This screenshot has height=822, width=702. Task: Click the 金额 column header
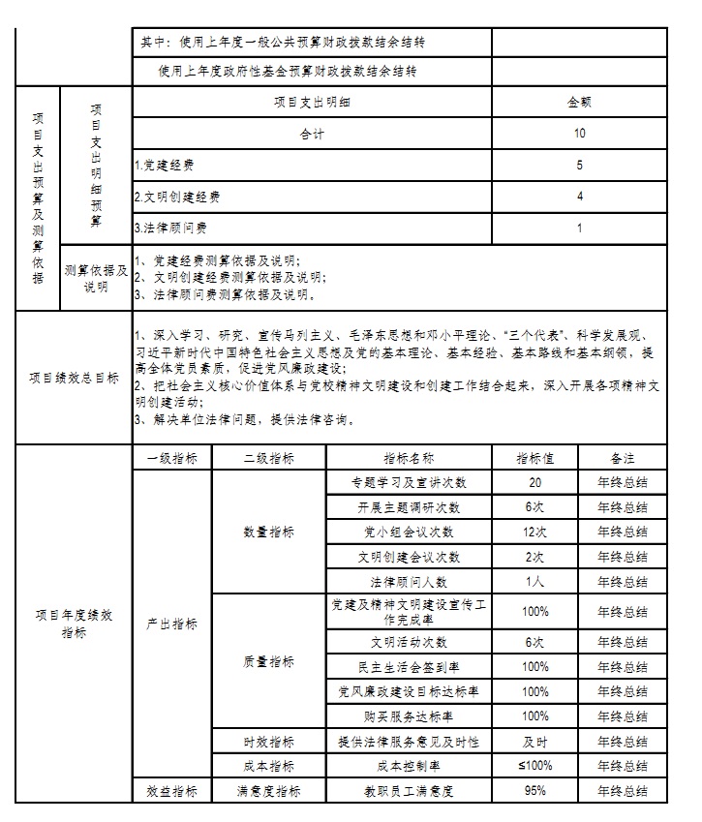[579, 101]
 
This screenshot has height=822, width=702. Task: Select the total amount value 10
[579, 133]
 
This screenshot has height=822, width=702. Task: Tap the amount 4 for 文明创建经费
[579, 197]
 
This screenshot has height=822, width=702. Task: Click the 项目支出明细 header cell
[312, 101]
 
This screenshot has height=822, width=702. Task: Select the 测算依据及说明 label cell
[96, 278]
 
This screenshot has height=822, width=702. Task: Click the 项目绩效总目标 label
[74, 379]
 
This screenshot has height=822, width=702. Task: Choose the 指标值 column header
[534, 457]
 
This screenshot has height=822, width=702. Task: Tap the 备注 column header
[623, 457]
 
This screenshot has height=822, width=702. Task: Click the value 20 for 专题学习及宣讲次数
[534, 482]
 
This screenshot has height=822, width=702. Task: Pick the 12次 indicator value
[534, 532]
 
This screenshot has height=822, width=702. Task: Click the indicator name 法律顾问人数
[409, 582]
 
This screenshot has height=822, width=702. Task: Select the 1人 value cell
[534, 582]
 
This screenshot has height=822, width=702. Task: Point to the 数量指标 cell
[268, 532]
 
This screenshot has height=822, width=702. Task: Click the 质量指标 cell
[268, 662]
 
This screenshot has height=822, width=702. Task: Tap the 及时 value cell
[534, 742]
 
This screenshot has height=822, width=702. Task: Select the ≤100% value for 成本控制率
[534, 766]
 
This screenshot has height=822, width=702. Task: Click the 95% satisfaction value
[534, 790]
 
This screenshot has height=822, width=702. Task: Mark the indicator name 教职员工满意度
[409, 791]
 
